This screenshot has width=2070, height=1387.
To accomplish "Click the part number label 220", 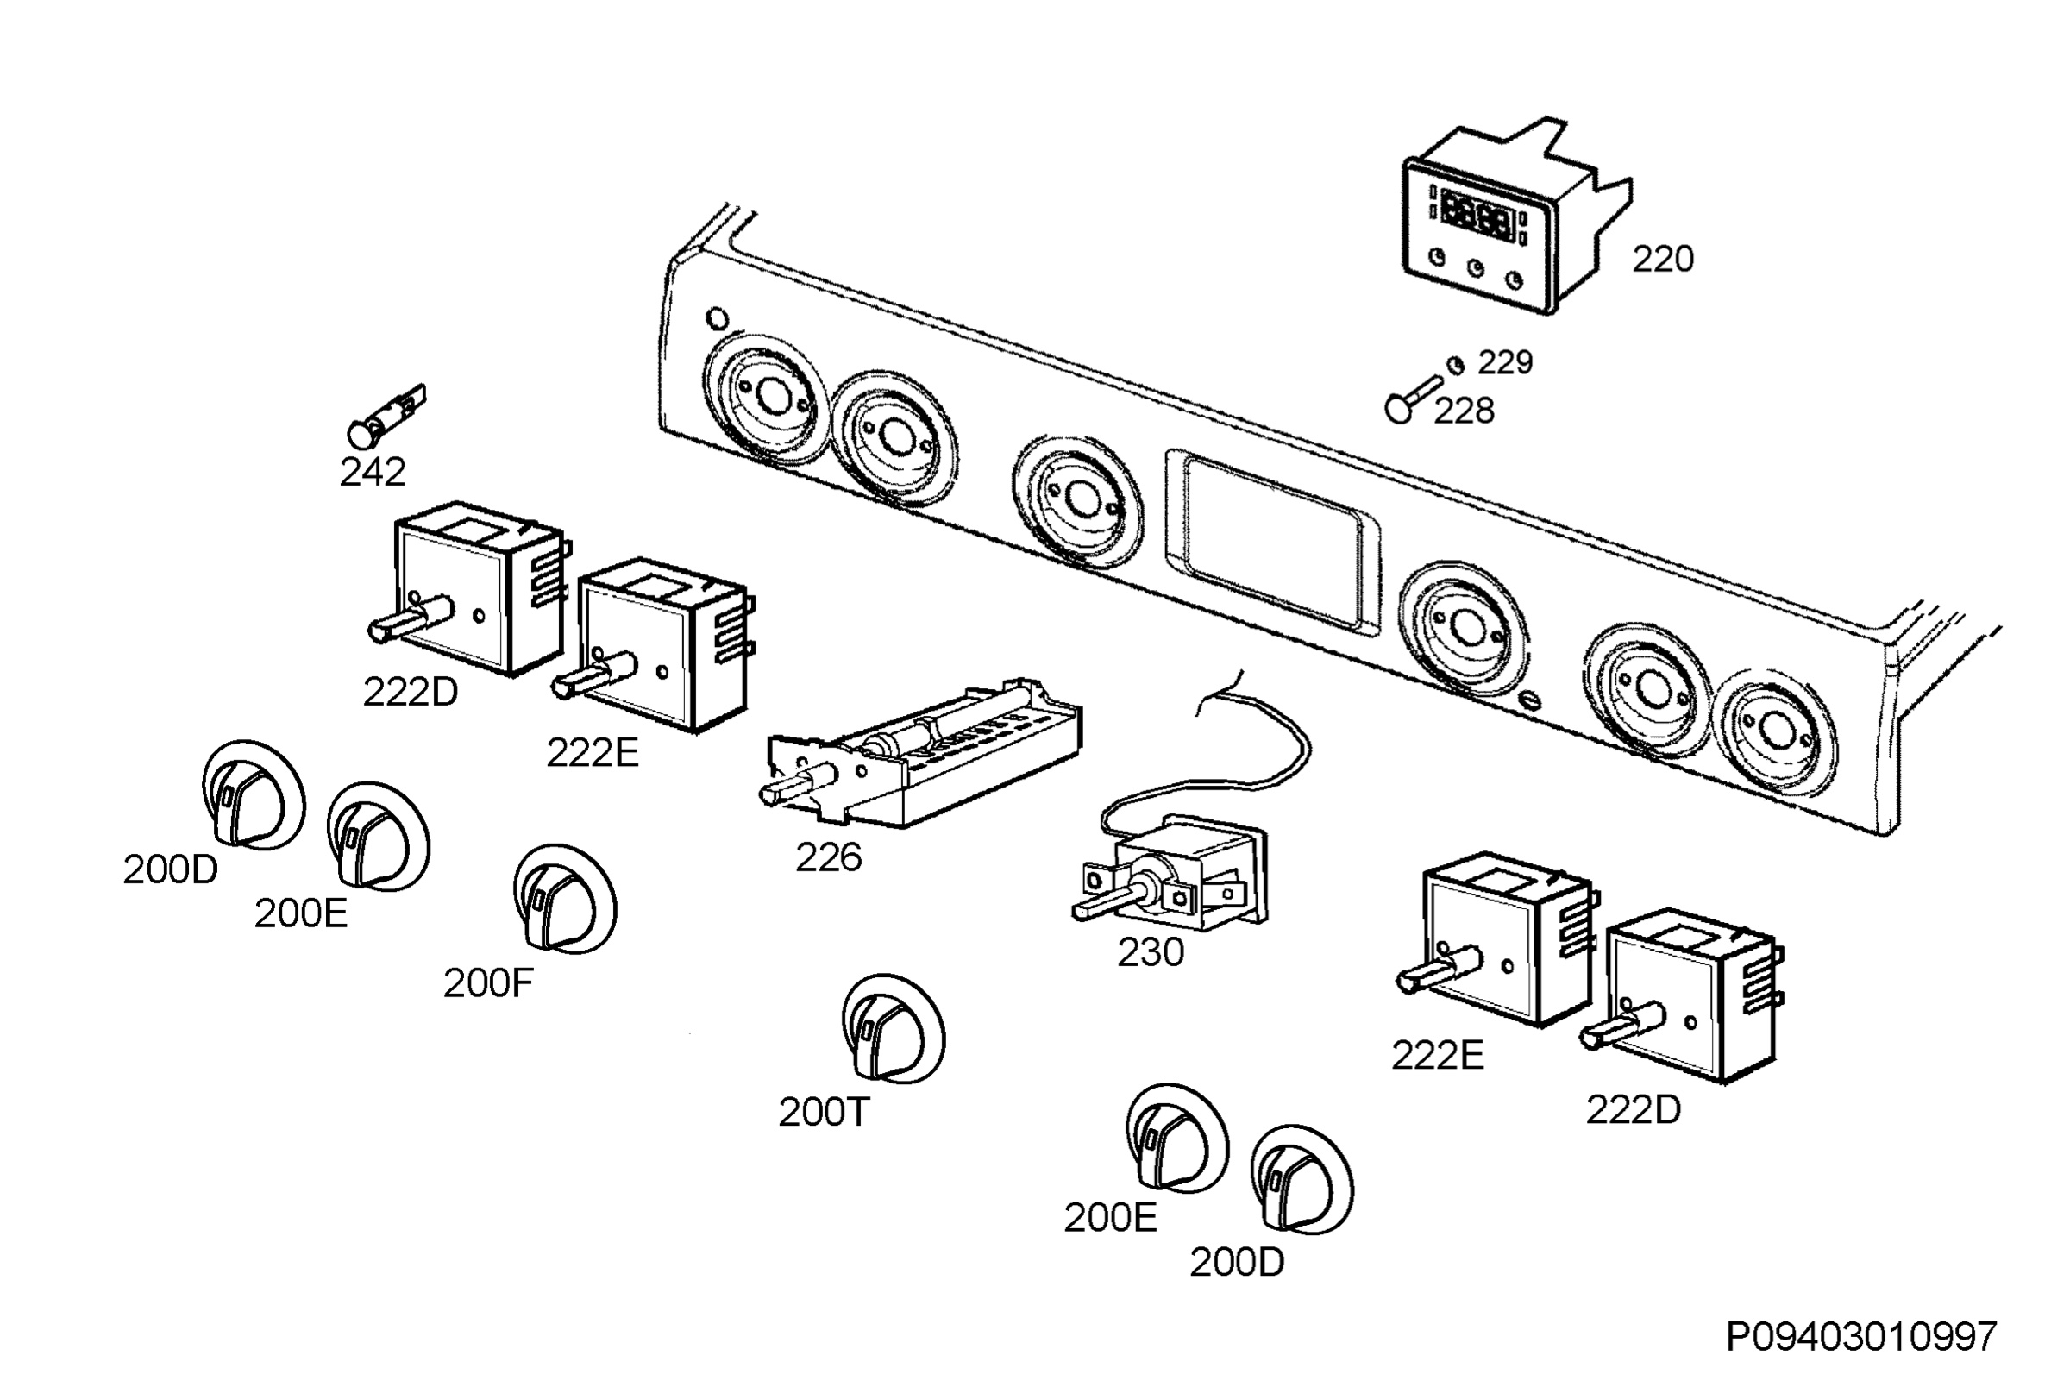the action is pos(1662,259).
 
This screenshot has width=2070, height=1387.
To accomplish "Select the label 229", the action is pos(1505,361).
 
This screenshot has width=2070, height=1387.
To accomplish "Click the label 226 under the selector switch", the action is pos(829,857).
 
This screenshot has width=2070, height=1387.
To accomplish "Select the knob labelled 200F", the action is pos(565,899).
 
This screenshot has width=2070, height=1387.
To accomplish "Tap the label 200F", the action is pos(488,983).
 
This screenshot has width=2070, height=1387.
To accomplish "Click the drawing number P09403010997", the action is pos(1861,1337).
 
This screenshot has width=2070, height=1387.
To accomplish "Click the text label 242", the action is pos(373,473).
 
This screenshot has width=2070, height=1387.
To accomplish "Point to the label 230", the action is pos(1151,952).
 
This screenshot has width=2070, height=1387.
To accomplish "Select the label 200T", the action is pos(824,1113).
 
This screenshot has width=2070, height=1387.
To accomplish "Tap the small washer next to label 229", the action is pos(1455,365).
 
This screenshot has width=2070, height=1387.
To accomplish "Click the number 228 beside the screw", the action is pos(1464,411).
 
